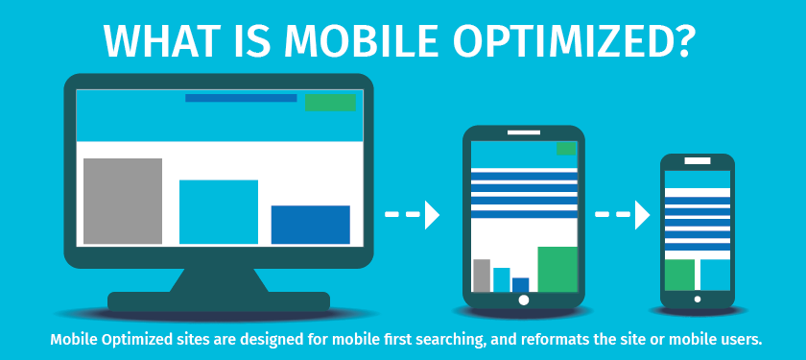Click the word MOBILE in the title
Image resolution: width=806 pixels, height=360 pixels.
[362, 40]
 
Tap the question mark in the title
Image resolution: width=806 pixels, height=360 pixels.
[678, 39]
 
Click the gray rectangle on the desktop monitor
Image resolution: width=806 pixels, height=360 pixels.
[123, 201]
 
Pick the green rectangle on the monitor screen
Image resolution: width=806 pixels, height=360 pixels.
[330, 103]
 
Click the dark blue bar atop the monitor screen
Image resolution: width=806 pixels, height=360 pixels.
[241, 98]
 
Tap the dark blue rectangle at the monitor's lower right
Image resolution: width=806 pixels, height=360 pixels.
[311, 225]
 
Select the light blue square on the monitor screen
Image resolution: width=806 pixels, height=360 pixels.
[219, 212]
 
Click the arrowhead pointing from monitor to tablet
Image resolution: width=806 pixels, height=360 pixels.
[432, 214]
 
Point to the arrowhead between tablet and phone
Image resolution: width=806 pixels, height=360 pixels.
[643, 214]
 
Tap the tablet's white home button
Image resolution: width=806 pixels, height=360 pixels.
[524, 300]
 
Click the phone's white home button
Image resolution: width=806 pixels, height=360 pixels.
[698, 299]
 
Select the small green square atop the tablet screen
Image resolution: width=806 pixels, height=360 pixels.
[566, 149]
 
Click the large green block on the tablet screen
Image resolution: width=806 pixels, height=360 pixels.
[557, 270]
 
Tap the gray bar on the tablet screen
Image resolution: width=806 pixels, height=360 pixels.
[482, 276]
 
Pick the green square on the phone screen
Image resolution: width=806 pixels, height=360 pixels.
[679, 276]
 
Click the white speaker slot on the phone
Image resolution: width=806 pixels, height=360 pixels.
[698, 161]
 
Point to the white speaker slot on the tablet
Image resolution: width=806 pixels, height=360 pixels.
[524, 132]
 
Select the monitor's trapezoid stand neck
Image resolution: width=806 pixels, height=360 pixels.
[219, 280]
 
